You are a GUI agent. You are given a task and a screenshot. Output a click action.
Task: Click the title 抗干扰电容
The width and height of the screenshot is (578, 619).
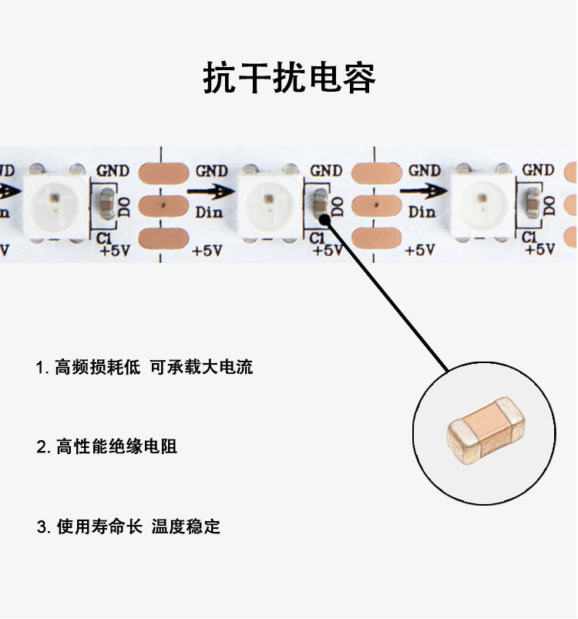click(x=289, y=79)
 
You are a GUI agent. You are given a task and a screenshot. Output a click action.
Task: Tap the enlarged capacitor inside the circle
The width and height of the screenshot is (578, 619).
click(x=486, y=432)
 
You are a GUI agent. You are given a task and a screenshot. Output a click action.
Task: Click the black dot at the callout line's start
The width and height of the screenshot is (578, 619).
click(x=324, y=220)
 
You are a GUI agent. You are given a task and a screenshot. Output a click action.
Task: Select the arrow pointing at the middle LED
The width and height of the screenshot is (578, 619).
click(x=210, y=192)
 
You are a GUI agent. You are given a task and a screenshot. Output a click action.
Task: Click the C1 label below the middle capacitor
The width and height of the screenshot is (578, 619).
click(x=318, y=238)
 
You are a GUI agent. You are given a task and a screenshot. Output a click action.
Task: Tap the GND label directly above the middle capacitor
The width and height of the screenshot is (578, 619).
click(x=326, y=170)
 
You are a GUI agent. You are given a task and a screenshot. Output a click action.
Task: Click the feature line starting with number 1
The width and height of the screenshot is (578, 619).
click(x=144, y=368)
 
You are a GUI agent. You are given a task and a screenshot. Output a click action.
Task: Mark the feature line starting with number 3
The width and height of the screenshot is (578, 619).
click(x=129, y=526)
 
